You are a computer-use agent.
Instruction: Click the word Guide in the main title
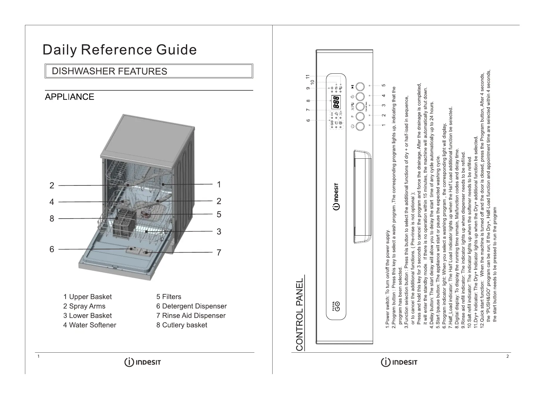(176, 50)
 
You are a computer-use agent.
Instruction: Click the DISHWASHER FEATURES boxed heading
(109, 71)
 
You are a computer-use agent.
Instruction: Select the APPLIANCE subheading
(69, 97)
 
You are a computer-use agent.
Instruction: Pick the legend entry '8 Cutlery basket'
(182, 325)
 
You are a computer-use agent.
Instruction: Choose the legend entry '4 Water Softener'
(90, 325)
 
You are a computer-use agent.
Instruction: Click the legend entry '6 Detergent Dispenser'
(191, 306)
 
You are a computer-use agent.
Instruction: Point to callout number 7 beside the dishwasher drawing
(219, 253)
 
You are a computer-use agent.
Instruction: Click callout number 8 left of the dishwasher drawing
(52, 219)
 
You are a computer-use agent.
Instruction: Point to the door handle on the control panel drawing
(363, 197)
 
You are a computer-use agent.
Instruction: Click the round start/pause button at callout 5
(360, 87)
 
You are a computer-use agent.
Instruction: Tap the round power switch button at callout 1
(360, 126)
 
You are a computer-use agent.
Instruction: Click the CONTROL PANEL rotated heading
(299, 315)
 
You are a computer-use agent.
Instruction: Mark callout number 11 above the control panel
(308, 77)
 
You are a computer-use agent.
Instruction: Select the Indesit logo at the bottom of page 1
(143, 363)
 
